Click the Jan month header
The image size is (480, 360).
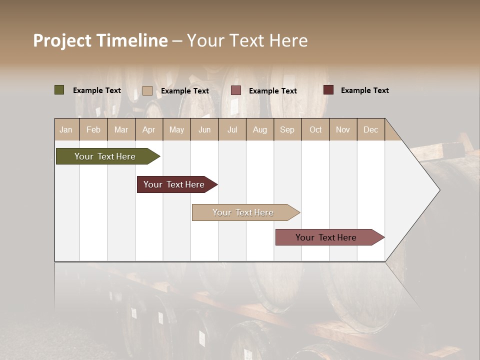click(66, 129)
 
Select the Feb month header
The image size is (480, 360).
click(93, 129)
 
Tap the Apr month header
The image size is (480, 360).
click(149, 129)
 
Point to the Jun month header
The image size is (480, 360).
click(204, 129)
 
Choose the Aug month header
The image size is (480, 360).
click(260, 129)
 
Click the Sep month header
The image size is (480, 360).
click(287, 129)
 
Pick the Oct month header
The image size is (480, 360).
click(315, 129)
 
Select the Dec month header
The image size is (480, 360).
click(371, 129)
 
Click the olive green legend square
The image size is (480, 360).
click(59, 90)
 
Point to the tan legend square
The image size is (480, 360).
click(147, 90)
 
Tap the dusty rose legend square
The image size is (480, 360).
click(236, 90)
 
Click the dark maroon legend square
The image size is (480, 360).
click(328, 90)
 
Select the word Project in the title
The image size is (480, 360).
click(62, 40)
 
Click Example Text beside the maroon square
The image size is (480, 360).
click(364, 90)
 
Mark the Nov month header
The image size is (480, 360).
click(343, 129)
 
